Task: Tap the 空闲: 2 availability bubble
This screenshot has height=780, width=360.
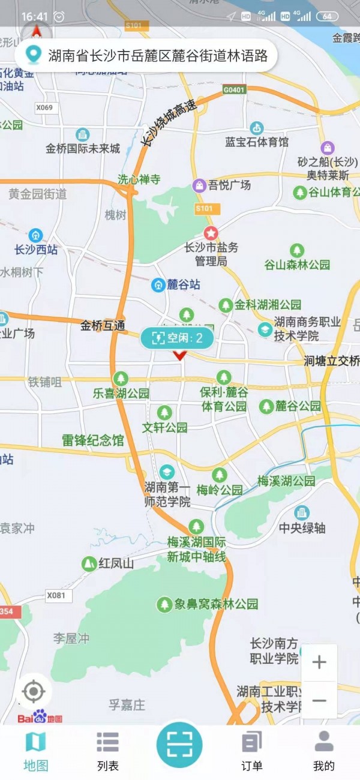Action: point(177,338)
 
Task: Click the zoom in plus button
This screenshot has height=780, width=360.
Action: point(319,662)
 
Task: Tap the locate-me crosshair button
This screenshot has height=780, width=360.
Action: point(34,692)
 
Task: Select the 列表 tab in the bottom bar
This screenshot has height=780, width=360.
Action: point(108,750)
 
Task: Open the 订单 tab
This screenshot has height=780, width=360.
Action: point(252,750)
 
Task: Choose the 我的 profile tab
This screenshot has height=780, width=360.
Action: point(323,750)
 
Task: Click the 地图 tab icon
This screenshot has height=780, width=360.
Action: point(35,743)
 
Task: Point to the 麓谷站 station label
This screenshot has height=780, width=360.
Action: point(183,285)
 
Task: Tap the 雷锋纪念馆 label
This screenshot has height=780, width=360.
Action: point(93,440)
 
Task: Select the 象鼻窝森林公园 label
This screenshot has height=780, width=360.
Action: point(216,604)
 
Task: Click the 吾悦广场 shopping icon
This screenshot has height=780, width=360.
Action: point(199,185)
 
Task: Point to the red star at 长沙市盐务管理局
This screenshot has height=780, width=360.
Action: point(211,232)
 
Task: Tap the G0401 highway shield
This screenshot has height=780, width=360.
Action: point(234,90)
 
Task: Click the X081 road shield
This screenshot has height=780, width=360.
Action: point(55,595)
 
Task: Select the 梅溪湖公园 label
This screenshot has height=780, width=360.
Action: point(286,481)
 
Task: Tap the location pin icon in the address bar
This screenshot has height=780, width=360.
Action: point(32,56)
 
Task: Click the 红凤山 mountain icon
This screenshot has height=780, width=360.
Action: point(89,563)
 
